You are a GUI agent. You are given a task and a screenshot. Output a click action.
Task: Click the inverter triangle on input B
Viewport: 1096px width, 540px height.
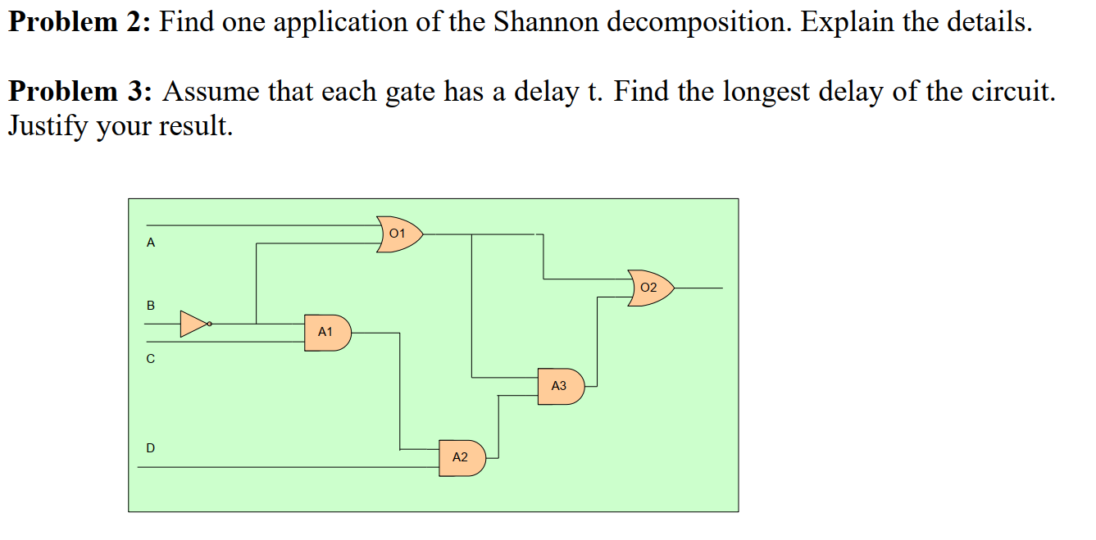pyautogui.click(x=193, y=324)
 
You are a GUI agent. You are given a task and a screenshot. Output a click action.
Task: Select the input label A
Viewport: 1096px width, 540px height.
pyautogui.click(x=150, y=243)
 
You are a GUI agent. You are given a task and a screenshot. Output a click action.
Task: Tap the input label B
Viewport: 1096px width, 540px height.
pyautogui.click(x=150, y=306)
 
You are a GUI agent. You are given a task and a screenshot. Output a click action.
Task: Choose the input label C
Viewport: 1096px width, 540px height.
pyautogui.click(x=150, y=359)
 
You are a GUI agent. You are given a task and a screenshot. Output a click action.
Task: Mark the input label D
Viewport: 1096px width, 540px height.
pyautogui.click(x=150, y=448)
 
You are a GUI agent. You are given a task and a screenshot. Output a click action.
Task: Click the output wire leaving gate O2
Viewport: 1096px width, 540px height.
pyautogui.click(x=698, y=288)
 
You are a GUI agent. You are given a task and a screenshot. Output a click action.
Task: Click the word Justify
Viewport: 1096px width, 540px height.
pyautogui.click(x=49, y=128)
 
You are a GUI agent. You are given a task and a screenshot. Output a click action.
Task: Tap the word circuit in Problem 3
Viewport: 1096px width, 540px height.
pyautogui.click(x=1012, y=91)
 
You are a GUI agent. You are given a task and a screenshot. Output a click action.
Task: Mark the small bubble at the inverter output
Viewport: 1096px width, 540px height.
pyautogui.click(x=210, y=324)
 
